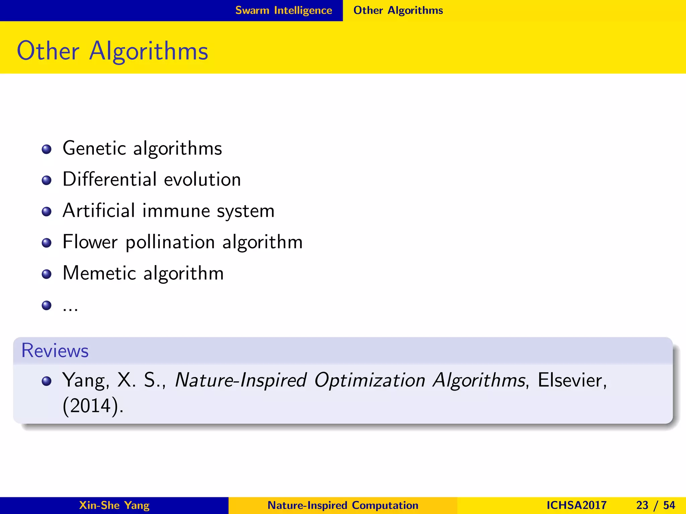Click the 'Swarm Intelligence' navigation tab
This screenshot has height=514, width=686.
point(283,10)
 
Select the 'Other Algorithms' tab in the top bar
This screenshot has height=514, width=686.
point(398,10)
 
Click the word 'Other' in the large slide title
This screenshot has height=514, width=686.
point(48,51)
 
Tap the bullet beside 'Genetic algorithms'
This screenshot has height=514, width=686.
point(47,149)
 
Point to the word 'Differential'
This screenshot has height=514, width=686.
point(110,179)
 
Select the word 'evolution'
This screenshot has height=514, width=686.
point(202,180)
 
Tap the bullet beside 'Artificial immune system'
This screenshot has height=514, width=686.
point(47,211)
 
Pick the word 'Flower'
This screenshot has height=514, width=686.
point(90,242)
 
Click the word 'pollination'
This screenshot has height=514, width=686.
point(170,242)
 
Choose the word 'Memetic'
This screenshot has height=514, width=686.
point(99,273)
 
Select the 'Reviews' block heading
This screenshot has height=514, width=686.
point(55,351)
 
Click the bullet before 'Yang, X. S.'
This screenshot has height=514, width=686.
point(47,381)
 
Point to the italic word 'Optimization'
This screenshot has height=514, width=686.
point(369,381)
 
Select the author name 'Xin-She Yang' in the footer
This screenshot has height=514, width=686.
point(114,505)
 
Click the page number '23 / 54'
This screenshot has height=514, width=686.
point(656,505)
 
